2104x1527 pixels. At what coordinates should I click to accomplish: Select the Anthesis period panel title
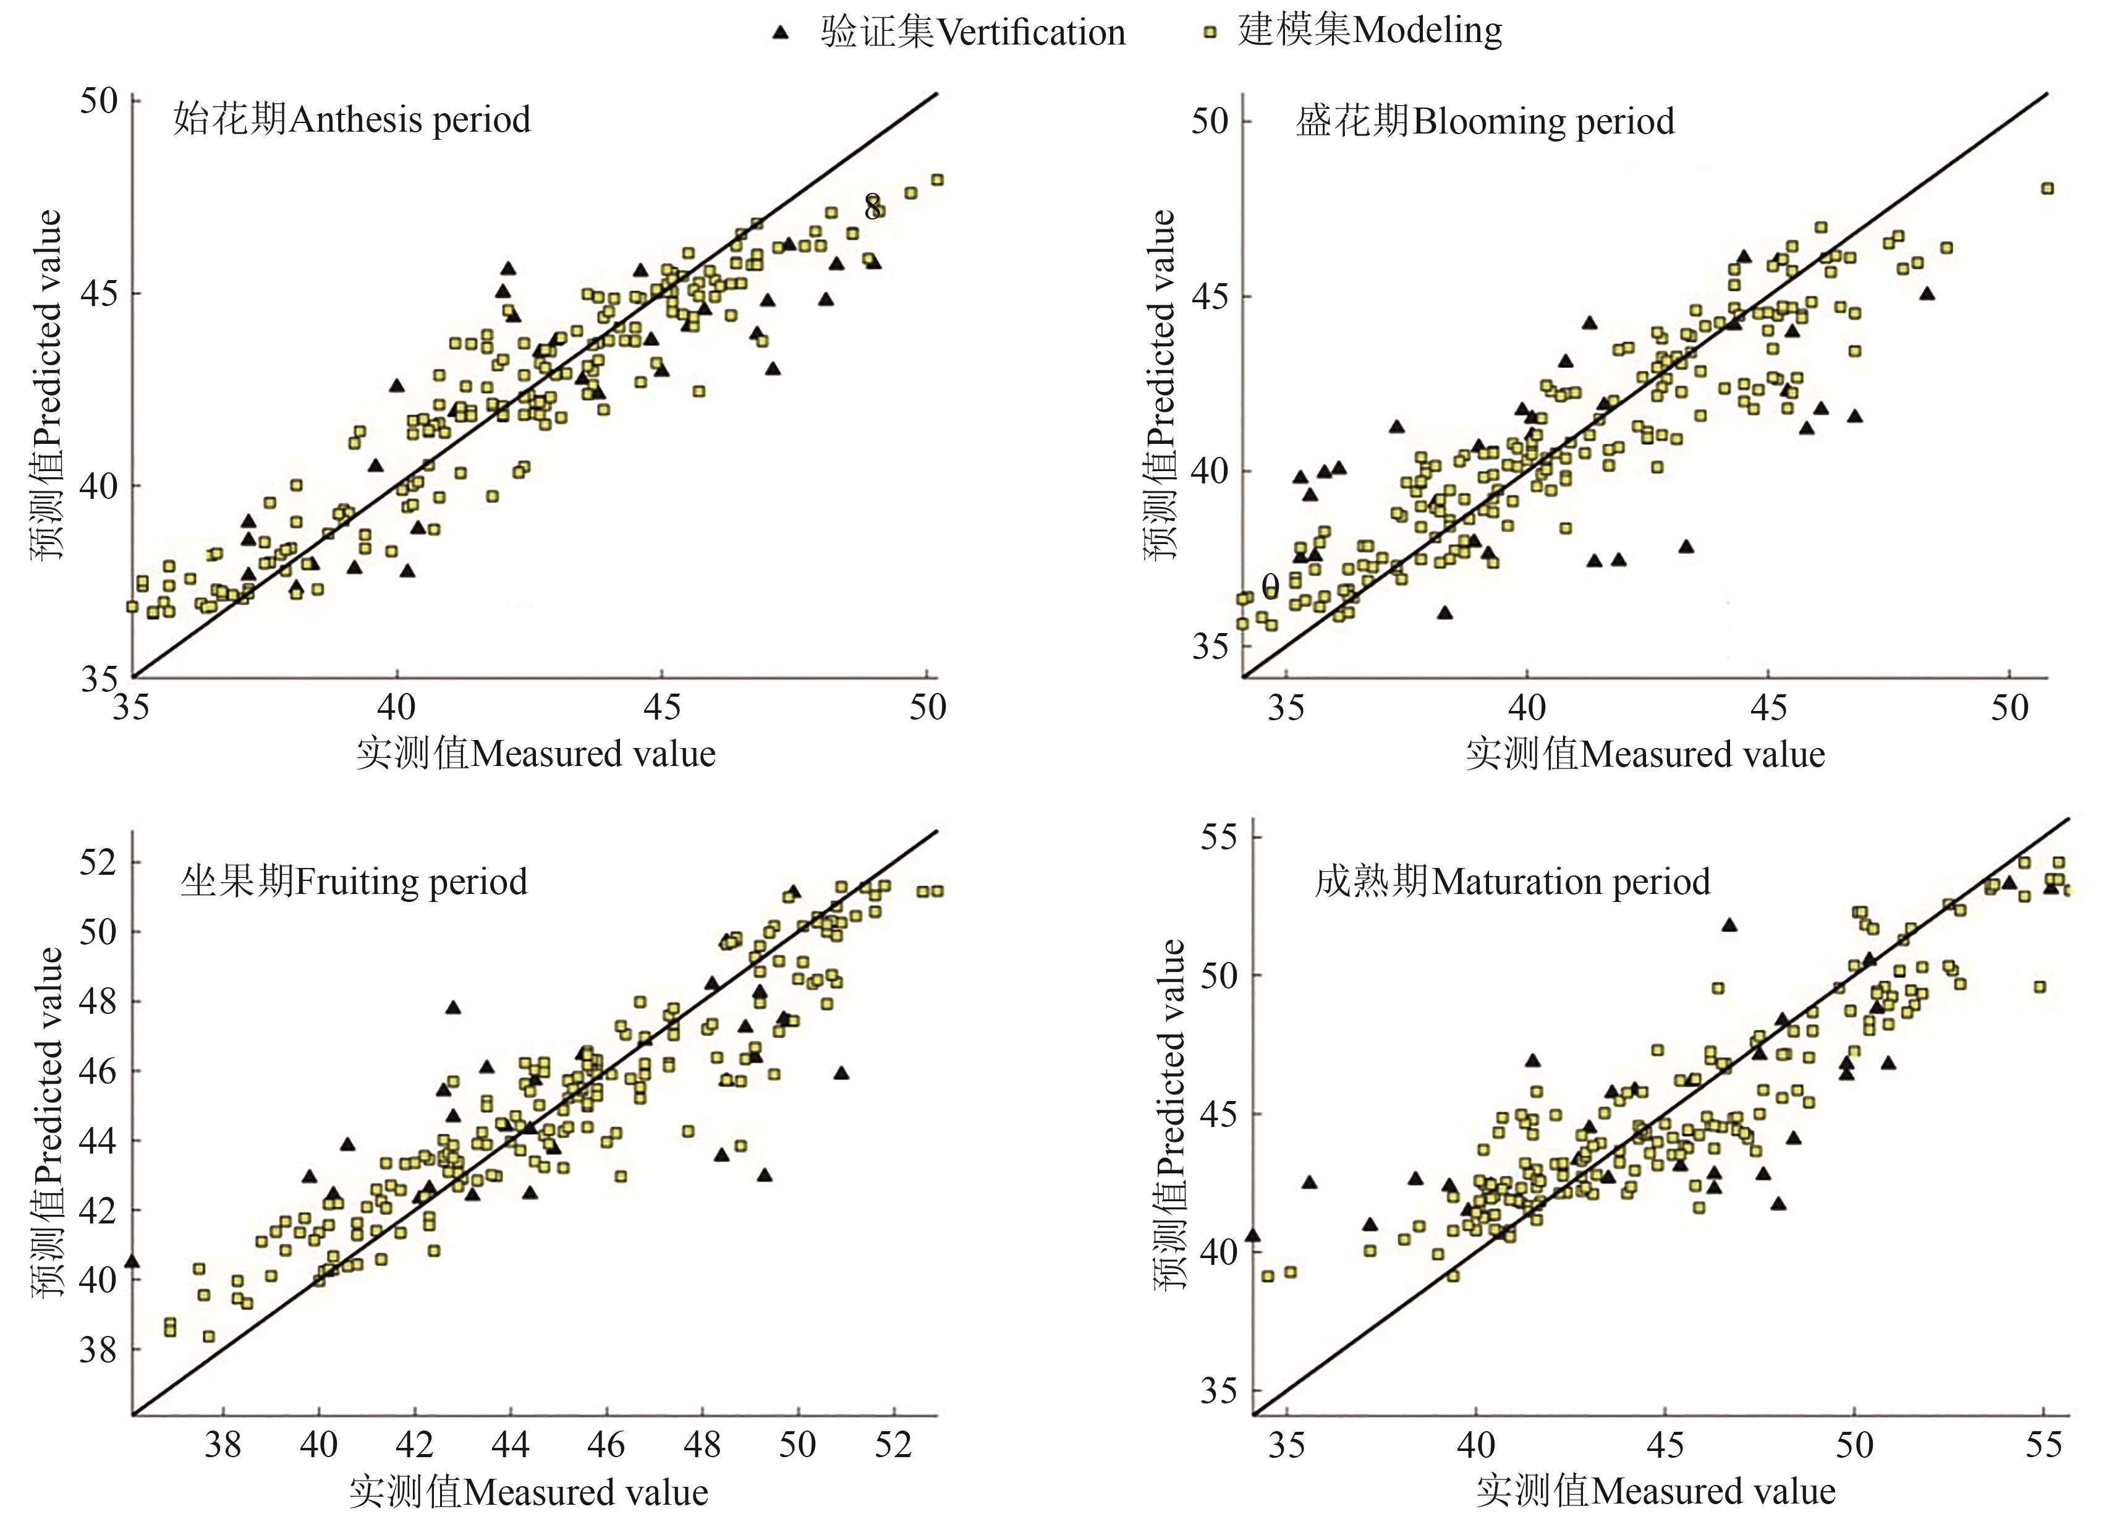pos(352,120)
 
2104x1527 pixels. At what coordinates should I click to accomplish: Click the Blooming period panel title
pos(1484,122)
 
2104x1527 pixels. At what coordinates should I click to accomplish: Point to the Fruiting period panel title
pos(354,880)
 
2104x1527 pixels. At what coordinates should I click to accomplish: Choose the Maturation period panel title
pos(1512,880)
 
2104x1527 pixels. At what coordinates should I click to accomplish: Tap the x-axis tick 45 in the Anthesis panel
pos(661,708)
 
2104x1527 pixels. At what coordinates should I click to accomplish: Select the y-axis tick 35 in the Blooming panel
pos(1210,645)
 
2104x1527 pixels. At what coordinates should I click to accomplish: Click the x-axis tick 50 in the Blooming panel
pos(2009,708)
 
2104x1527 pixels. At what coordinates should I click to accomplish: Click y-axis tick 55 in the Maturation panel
pos(1218,837)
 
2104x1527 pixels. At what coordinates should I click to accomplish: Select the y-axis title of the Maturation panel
pos(1172,1113)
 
